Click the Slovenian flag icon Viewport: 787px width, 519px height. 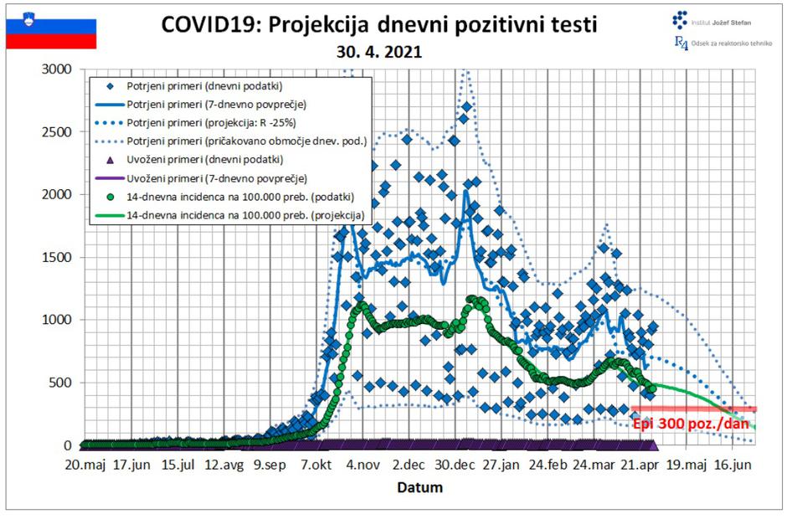pyautogui.click(x=51, y=33)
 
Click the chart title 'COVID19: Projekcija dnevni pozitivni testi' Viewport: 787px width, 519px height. pyautogui.click(x=379, y=24)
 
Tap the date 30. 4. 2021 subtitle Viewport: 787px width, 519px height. pyautogui.click(x=379, y=52)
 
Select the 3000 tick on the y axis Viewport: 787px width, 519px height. pyautogui.click(x=58, y=69)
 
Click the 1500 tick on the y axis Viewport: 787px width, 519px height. pyautogui.click(x=58, y=257)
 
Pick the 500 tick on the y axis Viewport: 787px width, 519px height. pyautogui.click(x=61, y=383)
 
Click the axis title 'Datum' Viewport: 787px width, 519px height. pyautogui.click(x=419, y=486)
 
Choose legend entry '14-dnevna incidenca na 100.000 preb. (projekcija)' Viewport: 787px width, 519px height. pyautogui.click(x=246, y=215)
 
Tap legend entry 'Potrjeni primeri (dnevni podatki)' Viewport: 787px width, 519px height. pyautogui.click(x=203, y=86)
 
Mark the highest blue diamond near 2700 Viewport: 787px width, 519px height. pyautogui.click(x=467, y=106)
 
